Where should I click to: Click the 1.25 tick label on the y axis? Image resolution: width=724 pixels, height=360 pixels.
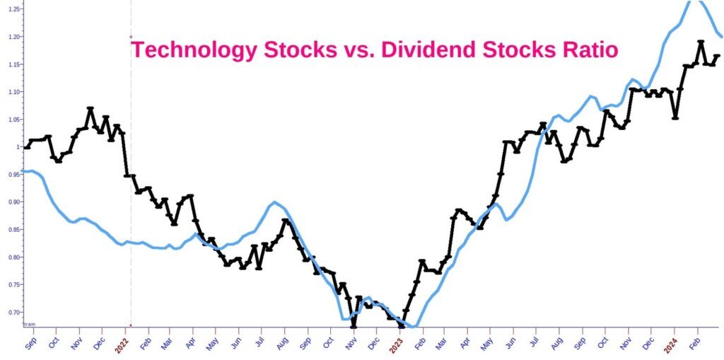[x=13, y=10]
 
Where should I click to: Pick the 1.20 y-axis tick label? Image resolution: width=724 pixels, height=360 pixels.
[x=13, y=37]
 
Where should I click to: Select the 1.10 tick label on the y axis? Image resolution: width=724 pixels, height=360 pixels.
[x=13, y=92]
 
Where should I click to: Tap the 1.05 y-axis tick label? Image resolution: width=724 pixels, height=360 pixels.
[x=13, y=120]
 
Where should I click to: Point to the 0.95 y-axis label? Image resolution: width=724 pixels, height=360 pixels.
[x=13, y=175]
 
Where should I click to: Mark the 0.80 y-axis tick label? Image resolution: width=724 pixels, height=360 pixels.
[x=13, y=257]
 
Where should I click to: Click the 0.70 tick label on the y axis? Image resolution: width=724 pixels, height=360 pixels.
[x=13, y=312]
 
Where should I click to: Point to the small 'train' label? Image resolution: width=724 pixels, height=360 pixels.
[x=30, y=323]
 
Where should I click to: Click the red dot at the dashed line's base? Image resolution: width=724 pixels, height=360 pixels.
[x=131, y=325]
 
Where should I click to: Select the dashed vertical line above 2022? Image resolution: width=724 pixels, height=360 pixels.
[x=131, y=177]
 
